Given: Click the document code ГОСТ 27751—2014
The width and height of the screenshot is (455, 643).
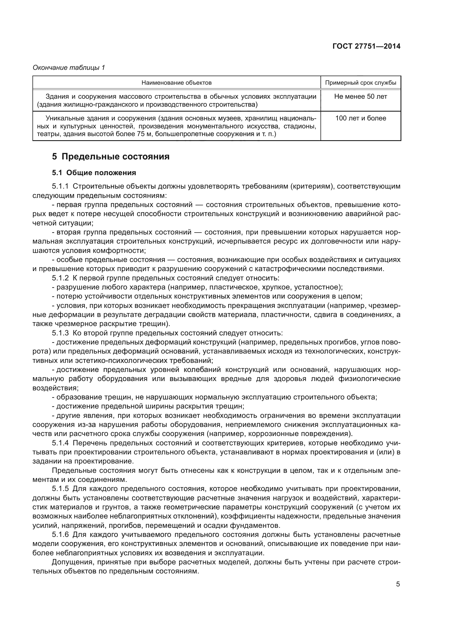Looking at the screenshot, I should click(x=366, y=46).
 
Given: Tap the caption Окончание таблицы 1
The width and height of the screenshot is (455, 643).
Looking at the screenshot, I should click(x=69, y=68).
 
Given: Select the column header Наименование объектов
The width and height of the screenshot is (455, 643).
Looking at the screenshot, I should click(x=177, y=83).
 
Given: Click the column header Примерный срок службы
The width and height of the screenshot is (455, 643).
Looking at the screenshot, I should click(x=361, y=83).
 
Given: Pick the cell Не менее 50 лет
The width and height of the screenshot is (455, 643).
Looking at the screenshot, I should click(x=361, y=96).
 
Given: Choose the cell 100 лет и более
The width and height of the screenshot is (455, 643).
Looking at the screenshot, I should click(x=361, y=118).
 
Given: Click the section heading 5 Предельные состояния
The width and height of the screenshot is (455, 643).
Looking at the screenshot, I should click(x=111, y=156).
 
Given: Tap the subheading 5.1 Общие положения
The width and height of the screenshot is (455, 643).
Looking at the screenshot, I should click(x=94, y=173).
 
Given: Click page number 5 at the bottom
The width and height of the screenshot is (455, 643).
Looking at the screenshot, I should click(x=398, y=584).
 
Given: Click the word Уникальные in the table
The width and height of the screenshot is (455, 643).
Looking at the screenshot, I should click(x=62, y=118).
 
